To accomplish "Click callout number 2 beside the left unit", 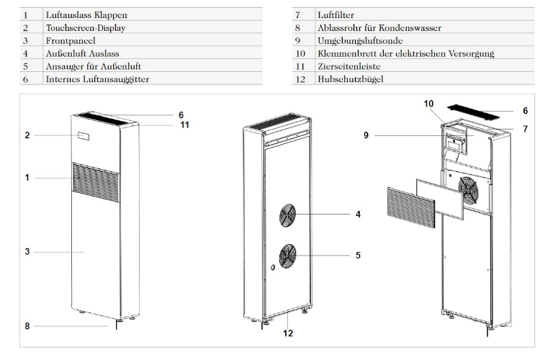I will pos(26,135).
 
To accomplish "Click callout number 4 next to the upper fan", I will pos(357,214).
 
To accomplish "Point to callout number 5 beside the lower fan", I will pos(357,254).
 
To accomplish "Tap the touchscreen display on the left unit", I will pos(84,135).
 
